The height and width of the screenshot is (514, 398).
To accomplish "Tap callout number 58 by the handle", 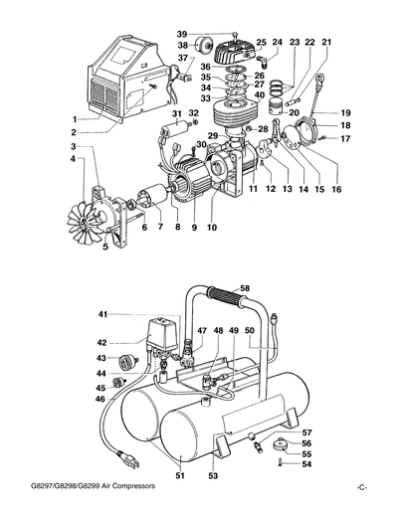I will click(244, 287).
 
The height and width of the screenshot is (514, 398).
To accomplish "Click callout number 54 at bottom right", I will click(307, 464).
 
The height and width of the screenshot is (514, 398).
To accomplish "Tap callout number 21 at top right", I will click(326, 42).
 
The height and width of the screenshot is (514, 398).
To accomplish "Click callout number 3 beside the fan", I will click(73, 147).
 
